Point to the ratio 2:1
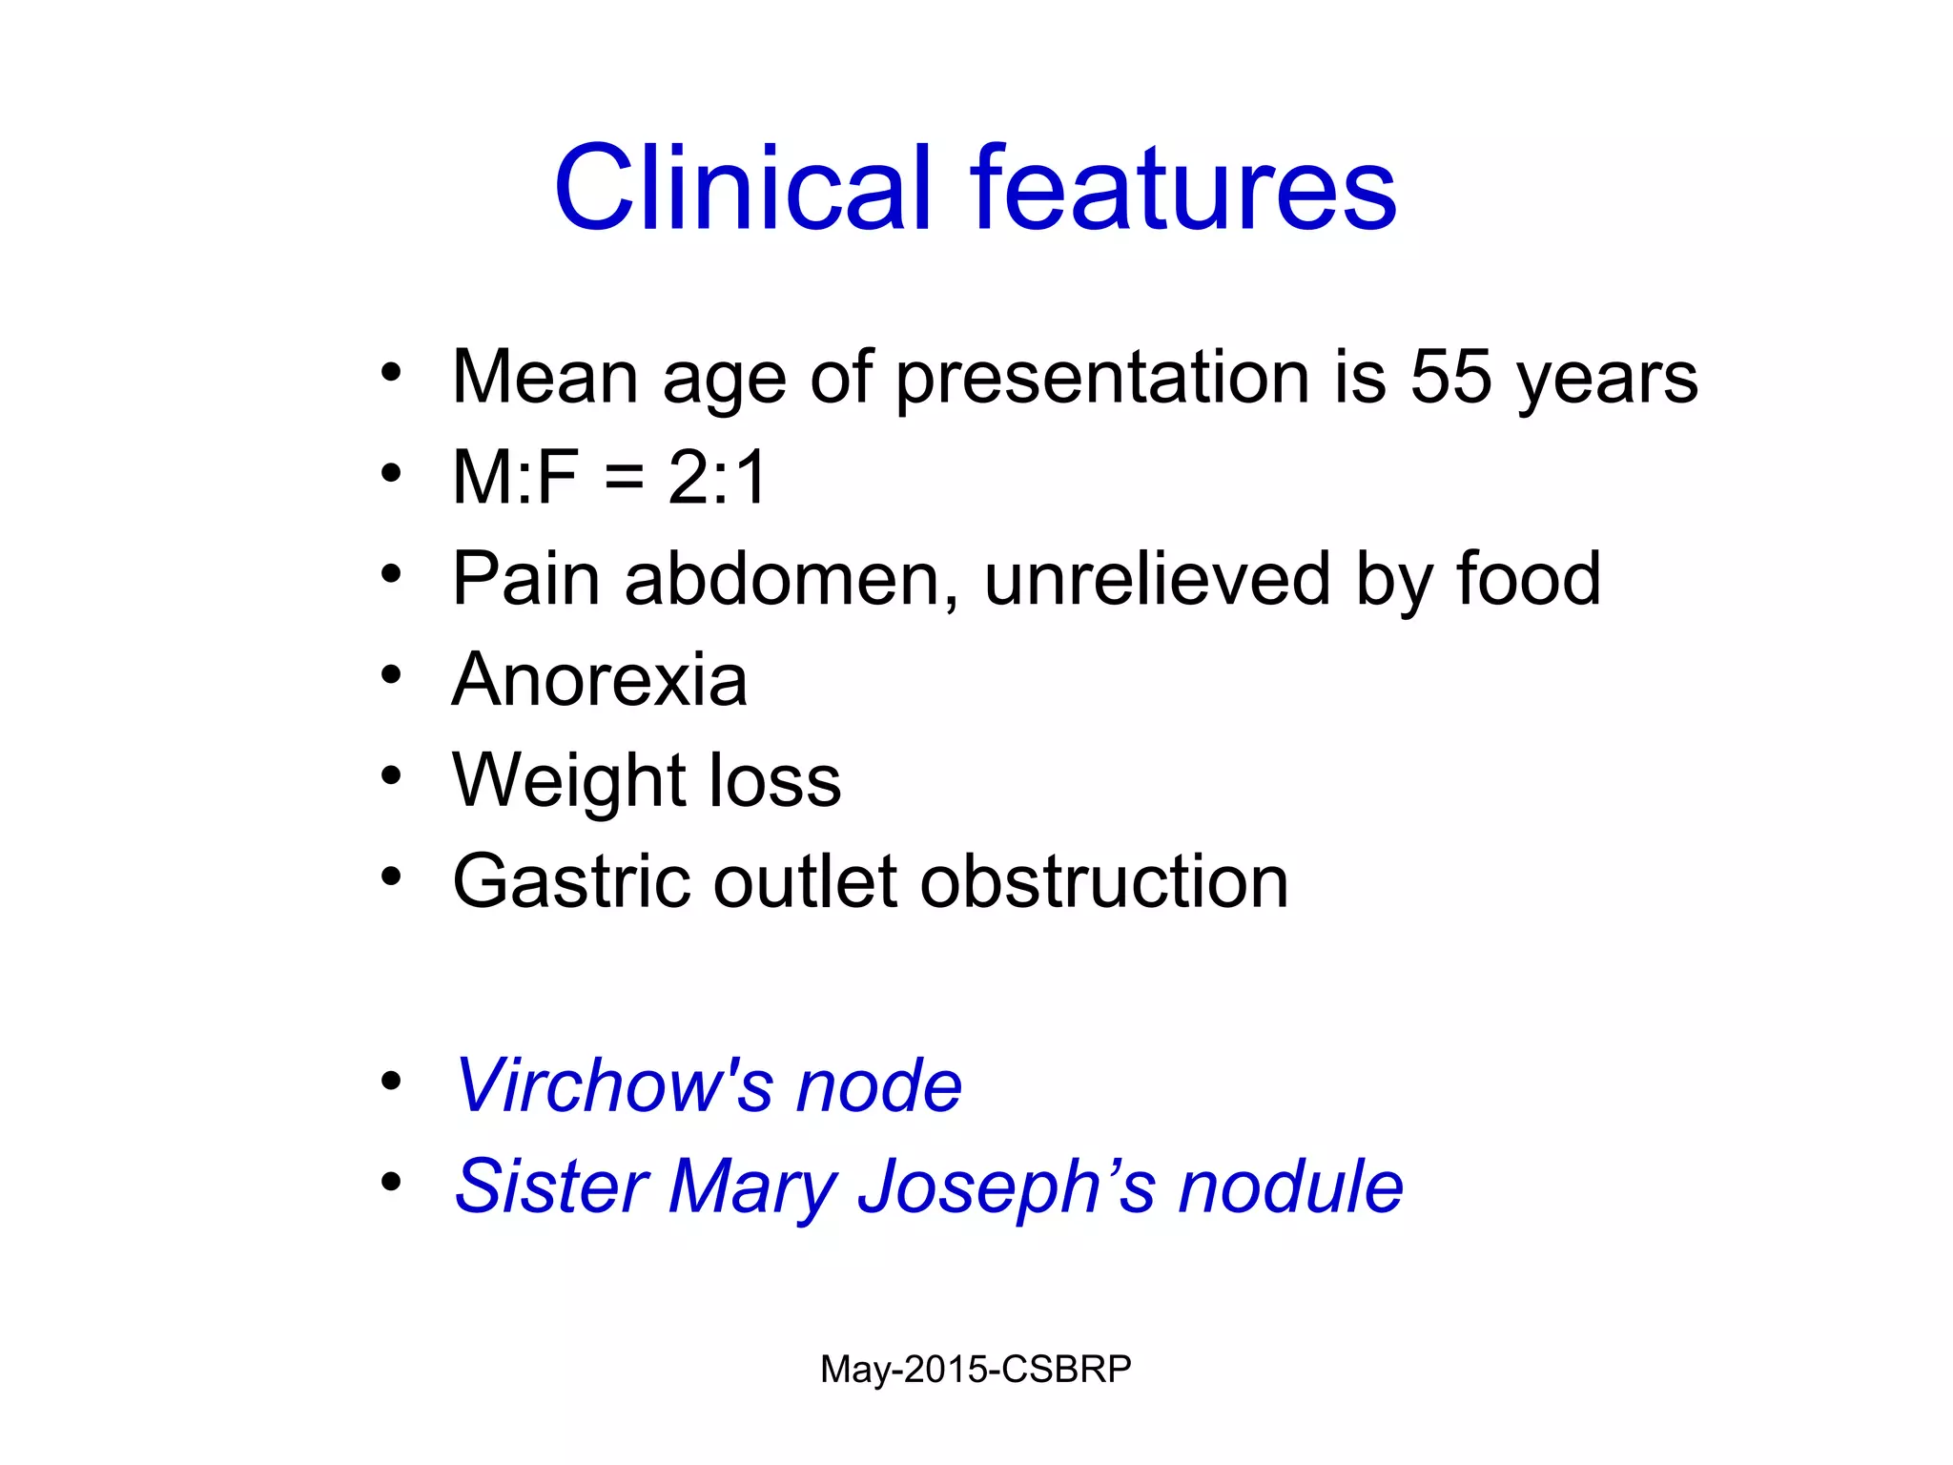point(717,477)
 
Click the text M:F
point(515,477)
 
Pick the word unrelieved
point(1157,578)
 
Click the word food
point(1528,578)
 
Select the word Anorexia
point(600,679)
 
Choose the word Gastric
point(571,881)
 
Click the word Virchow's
point(614,1085)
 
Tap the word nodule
point(1290,1186)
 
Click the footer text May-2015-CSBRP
point(976,1370)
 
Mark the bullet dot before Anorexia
point(391,675)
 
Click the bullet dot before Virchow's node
point(391,1082)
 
